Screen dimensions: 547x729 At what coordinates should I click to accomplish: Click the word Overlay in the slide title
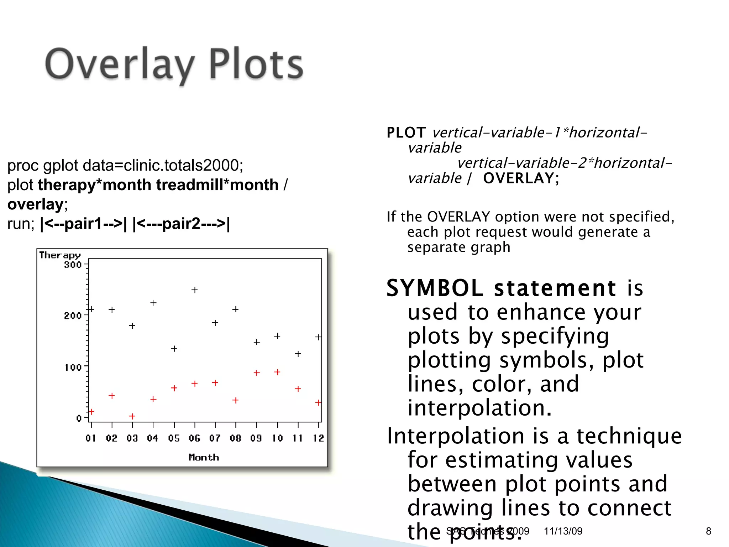[119, 64]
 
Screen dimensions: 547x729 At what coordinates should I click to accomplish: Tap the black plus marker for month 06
[194, 290]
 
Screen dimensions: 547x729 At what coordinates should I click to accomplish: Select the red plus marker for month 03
[132, 416]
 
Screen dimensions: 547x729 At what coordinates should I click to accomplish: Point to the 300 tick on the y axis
[73, 265]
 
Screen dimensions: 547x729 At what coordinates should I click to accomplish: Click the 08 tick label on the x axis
[235, 438]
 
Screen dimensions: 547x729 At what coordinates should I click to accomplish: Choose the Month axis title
[204, 457]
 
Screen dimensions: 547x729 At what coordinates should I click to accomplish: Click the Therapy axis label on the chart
[60, 255]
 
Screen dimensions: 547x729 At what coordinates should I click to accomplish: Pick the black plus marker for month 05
[174, 348]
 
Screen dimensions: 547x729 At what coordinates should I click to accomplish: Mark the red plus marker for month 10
[277, 372]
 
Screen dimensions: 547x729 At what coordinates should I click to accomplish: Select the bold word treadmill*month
[217, 185]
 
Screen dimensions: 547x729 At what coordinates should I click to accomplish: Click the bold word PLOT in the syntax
[406, 133]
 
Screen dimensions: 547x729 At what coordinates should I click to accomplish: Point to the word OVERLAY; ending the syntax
[521, 178]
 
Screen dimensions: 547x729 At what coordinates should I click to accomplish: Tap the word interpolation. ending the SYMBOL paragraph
[479, 408]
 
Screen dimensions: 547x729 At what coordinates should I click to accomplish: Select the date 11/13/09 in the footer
[563, 531]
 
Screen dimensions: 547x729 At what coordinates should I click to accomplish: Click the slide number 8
[708, 531]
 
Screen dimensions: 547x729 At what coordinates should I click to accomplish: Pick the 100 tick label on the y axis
[73, 367]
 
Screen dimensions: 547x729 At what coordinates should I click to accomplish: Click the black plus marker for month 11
[298, 354]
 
